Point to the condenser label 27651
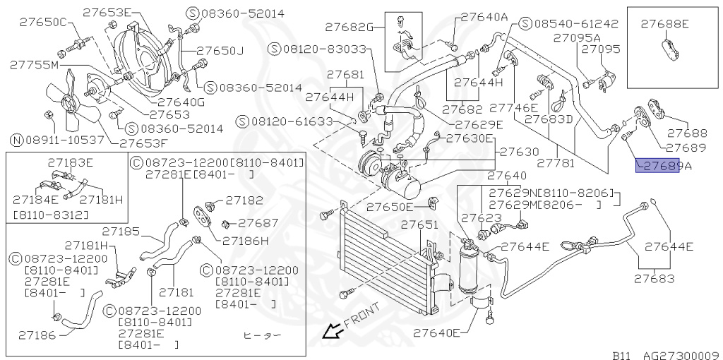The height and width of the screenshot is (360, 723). pyautogui.click(x=419, y=225)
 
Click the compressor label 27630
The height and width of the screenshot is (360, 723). pyautogui.click(x=520, y=151)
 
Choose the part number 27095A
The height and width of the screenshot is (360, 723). pyautogui.click(x=576, y=37)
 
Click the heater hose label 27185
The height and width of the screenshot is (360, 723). pyautogui.click(x=120, y=231)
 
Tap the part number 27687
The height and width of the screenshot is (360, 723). pyautogui.click(x=258, y=222)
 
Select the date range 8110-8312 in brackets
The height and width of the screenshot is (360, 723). pyautogui.click(x=51, y=214)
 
